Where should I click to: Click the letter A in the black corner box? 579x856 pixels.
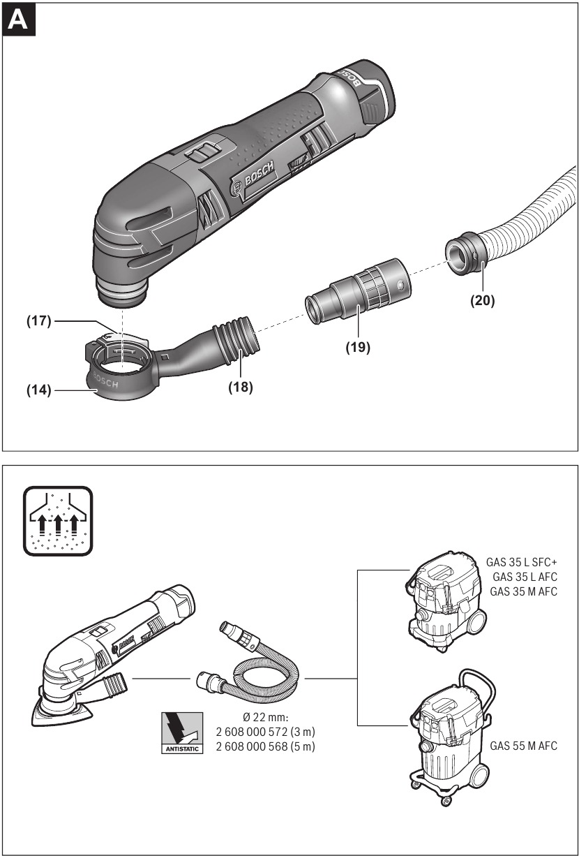pyautogui.click(x=19, y=20)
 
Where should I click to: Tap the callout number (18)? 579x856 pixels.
pyautogui.click(x=239, y=387)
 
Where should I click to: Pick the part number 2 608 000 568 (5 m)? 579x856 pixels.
pyautogui.click(x=267, y=747)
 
